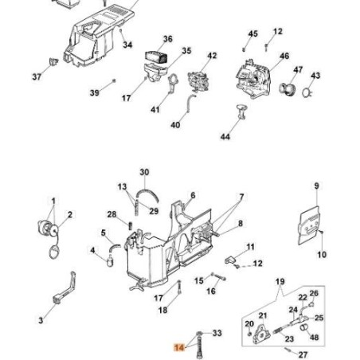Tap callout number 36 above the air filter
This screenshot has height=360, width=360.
[167, 39]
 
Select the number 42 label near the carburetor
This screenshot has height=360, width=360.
[212, 56]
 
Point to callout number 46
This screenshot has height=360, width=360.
[284, 57]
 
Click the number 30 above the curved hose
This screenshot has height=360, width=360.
[144, 172]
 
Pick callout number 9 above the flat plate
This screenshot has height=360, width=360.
[316, 186]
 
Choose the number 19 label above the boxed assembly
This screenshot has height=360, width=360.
[280, 282]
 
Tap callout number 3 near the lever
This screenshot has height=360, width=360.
[41, 321]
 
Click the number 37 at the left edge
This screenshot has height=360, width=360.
[37, 76]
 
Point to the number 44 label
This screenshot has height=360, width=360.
[225, 137]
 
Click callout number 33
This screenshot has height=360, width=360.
[217, 334]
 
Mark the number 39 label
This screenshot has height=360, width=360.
[95, 93]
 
